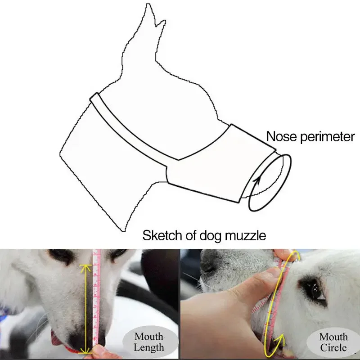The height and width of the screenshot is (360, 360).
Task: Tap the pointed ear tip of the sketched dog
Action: (x=148, y=4)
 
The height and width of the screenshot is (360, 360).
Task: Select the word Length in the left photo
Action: (x=149, y=347)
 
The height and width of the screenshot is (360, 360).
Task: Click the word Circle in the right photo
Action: (x=333, y=347)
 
